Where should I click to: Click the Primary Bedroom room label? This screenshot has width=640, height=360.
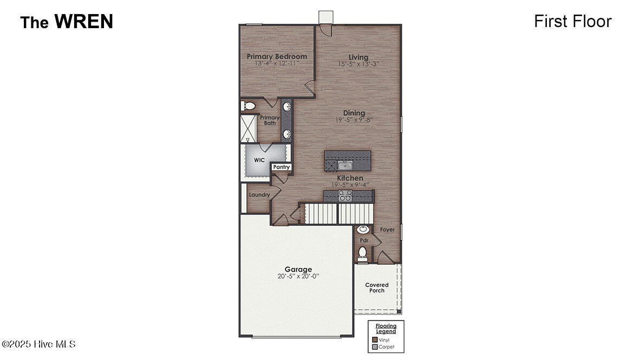click(x=277, y=56)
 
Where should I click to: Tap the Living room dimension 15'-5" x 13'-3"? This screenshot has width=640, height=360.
click(x=358, y=64)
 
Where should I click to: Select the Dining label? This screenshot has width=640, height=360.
click(x=354, y=113)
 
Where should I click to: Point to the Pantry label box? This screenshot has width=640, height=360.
click(x=281, y=167)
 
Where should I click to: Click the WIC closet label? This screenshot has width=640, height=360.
click(x=259, y=160)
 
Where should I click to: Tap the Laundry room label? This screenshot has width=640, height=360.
click(x=259, y=195)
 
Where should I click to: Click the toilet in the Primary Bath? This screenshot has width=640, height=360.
click(x=247, y=106)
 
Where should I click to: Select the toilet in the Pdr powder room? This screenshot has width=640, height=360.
click(x=362, y=254)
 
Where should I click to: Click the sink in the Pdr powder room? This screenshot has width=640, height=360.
click(x=362, y=230)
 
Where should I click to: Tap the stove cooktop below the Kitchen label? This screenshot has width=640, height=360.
click(x=345, y=196)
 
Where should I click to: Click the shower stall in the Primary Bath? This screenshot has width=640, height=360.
click(x=248, y=129)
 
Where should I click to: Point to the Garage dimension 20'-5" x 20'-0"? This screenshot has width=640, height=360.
click(x=298, y=276)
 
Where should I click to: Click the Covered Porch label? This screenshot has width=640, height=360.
click(x=377, y=288)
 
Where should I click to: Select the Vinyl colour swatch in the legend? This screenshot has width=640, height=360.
click(x=375, y=340)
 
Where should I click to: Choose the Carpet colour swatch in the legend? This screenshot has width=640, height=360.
click(x=375, y=347)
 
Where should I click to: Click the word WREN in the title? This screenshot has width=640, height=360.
click(x=84, y=21)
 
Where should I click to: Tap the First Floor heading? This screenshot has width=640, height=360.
click(x=573, y=21)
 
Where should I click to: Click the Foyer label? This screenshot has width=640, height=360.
click(x=387, y=230)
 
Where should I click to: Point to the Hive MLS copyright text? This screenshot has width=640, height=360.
click(x=39, y=344)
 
